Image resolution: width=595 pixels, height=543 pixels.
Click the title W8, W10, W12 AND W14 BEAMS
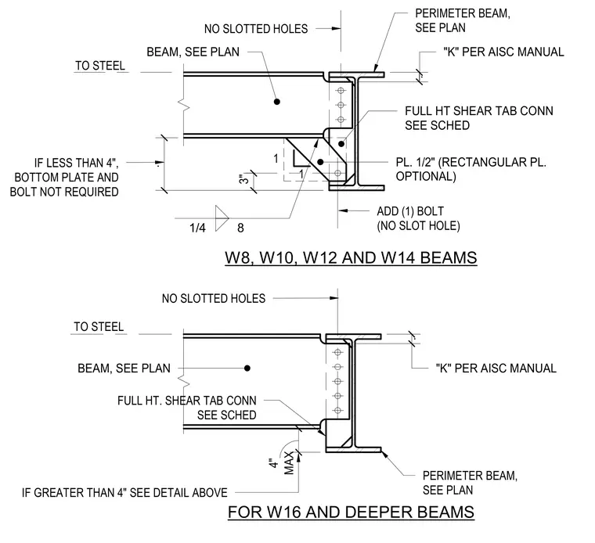(x=351, y=258)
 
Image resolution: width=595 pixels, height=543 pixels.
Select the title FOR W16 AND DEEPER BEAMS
(x=351, y=512)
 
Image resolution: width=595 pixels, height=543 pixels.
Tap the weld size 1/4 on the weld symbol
(x=197, y=228)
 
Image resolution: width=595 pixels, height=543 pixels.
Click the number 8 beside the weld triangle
(x=240, y=228)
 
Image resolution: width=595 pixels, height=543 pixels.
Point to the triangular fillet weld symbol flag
(x=222, y=218)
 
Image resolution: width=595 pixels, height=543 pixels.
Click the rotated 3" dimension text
(x=244, y=179)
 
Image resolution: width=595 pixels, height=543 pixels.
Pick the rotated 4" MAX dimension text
(x=282, y=463)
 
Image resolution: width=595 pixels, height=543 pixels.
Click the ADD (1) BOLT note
(x=418, y=218)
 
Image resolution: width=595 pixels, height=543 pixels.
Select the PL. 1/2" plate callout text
(x=471, y=169)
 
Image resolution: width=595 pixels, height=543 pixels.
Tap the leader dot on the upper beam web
(x=277, y=102)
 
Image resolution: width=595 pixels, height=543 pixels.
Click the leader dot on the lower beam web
(x=247, y=368)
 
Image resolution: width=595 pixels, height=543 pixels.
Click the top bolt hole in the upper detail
(x=341, y=91)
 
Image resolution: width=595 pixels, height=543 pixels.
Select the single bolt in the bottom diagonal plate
(x=337, y=173)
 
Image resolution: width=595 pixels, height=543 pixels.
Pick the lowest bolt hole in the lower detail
(x=337, y=410)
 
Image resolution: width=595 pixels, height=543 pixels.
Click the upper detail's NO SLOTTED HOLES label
(x=256, y=29)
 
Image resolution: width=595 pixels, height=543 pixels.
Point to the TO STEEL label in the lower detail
(x=99, y=327)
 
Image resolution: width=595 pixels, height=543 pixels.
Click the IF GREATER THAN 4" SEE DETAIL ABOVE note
(x=124, y=493)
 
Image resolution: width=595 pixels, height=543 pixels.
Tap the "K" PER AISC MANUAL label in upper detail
(x=503, y=52)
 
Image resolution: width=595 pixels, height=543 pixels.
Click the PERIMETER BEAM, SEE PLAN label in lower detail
(x=470, y=483)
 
